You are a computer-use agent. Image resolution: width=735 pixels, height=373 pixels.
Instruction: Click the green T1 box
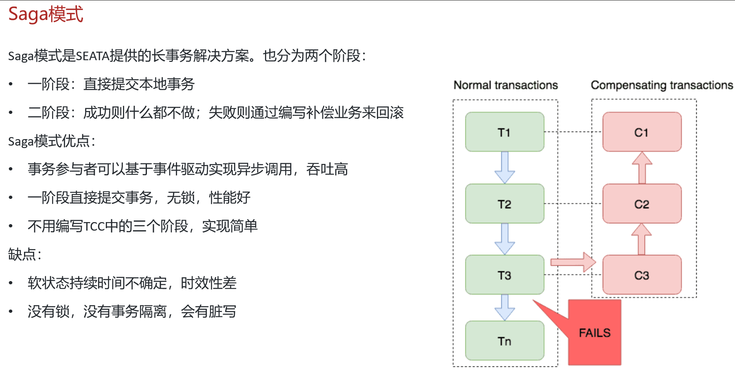pyautogui.click(x=505, y=132)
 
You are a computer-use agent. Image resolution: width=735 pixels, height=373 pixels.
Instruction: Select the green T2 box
pyautogui.click(x=505, y=203)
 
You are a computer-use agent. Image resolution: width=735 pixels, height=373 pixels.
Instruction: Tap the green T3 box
pyautogui.click(x=505, y=275)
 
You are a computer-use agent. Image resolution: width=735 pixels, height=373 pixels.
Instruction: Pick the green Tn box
pyautogui.click(x=505, y=340)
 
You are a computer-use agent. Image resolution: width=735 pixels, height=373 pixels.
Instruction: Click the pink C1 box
pyautogui.click(x=642, y=132)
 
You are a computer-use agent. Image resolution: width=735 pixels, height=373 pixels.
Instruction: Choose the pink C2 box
pyautogui.click(x=642, y=203)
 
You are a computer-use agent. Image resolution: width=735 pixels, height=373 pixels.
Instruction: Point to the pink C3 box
pyautogui.click(x=642, y=275)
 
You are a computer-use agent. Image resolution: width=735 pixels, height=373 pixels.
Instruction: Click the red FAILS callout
pyautogui.click(x=595, y=332)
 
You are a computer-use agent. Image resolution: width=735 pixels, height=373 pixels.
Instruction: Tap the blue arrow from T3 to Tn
pyautogui.click(x=505, y=308)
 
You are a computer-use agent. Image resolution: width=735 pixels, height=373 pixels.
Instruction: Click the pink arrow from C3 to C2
pyautogui.click(x=641, y=239)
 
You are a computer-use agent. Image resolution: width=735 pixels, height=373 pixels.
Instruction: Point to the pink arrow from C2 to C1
pyautogui.click(x=642, y=168)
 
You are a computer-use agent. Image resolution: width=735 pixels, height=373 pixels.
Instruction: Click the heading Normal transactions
pyautogui.click(x=505, y=85)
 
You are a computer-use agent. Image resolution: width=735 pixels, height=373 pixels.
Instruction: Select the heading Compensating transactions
pyautogui.click(x=662, y=85)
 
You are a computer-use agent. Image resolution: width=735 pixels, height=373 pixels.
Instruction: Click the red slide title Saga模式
pyautogui.click(x=46, y=14)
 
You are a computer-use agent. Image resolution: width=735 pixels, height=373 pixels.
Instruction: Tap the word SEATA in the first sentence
pyautogui.click(x=93, y=56)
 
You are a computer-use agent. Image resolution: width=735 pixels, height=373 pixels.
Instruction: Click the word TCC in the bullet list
pyautogui.click(x=94, y=226)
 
